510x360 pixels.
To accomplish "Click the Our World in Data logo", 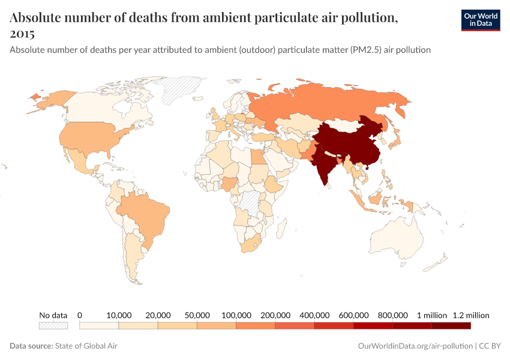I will point(480,20).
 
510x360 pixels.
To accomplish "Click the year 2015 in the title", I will point(22,34).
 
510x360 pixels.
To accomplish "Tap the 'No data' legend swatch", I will point(53,326).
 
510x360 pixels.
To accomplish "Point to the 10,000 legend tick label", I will point(119,315).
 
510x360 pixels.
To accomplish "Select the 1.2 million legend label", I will point(471,315).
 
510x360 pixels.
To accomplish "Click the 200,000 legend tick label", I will point(275,315).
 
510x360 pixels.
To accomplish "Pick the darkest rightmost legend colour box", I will point(451,326).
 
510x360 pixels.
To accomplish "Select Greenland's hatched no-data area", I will point(183,90).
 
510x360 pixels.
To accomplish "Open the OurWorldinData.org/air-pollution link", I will point(413,346).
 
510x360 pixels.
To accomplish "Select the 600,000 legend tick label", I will point(353,315).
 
